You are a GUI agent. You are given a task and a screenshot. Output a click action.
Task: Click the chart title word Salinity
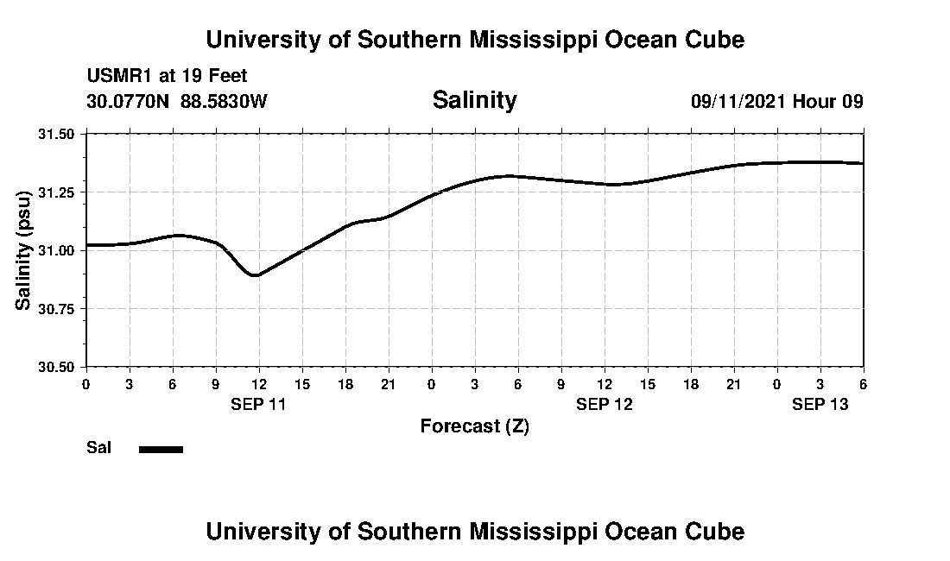[474, 100]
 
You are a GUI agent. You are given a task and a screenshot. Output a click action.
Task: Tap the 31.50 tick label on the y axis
[60, 134]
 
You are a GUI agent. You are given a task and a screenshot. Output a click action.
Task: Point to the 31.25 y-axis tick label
[60, 192]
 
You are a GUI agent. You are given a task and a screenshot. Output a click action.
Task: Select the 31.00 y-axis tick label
[60, 250]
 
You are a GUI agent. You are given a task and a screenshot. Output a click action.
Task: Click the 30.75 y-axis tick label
[60, 308]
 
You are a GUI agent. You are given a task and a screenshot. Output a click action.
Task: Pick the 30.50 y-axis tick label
[60, 367]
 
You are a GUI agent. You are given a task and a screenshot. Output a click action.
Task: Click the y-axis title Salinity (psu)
[25, 250]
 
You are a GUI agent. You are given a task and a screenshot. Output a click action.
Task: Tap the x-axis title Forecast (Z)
[474, 426]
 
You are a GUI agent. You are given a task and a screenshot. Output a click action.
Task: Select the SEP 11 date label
[258, 404]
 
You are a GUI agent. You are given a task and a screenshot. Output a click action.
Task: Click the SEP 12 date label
[605, 404]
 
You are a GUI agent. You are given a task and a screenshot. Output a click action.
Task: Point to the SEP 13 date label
[820, 404]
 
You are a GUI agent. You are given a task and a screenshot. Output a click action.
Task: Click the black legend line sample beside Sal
[161, 449]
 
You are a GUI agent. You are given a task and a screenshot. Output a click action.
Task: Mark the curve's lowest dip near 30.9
[255, 275]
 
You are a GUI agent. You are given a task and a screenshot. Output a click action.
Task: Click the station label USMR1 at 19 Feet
[167, 76]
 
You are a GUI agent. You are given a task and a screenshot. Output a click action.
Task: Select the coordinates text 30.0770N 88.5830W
[177, 101]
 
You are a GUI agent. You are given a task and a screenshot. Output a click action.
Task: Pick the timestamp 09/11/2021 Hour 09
[776, 101]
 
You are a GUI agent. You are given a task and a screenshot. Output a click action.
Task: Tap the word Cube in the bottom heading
[719, 531]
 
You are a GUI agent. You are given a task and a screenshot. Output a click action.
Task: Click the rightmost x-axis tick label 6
[863, 383]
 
